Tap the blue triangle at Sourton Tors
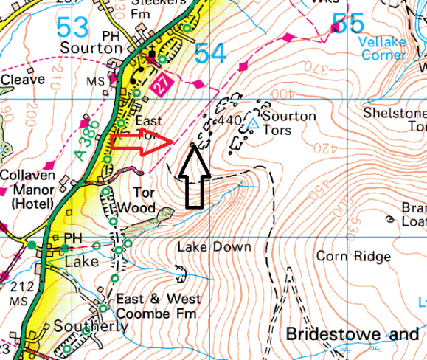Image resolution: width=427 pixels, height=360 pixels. (x=253, y=123)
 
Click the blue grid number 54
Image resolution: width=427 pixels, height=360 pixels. (x=211, y=53)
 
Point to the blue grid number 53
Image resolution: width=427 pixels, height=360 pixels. (x=72, y=30)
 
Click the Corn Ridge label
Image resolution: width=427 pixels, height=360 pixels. (x=353, y=256)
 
